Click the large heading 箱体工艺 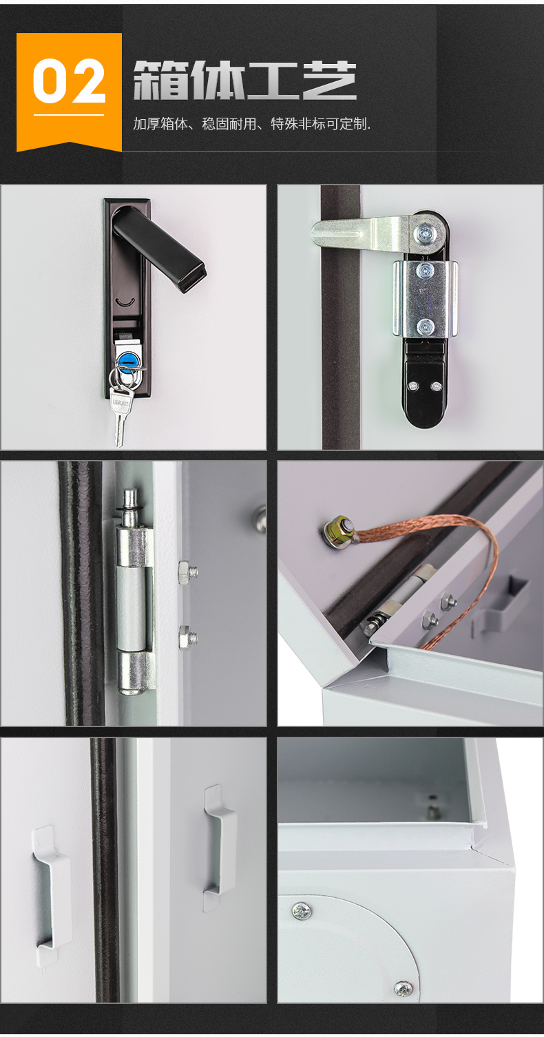tap(245, 81)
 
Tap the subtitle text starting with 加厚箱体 tap(251, 124)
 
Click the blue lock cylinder tap(125, 359)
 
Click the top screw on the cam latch tap(424, 233)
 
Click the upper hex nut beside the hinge tap(187, 572)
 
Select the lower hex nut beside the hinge tap(187, 637)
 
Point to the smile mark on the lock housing tap(125, 302)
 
